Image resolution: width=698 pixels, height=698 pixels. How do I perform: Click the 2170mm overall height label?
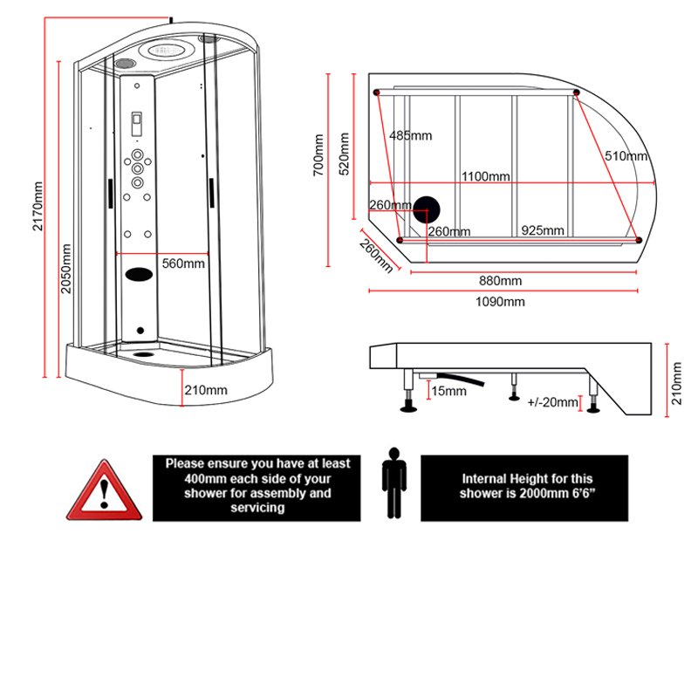point(38,208)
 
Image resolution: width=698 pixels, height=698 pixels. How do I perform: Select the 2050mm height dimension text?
point(65,265)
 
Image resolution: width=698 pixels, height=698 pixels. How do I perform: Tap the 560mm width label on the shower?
point(184,263)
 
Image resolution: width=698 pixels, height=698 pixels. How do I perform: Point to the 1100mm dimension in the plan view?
point(486,176)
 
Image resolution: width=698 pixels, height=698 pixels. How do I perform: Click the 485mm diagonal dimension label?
point(410,135)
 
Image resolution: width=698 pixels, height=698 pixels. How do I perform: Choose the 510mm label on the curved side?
point(626,156)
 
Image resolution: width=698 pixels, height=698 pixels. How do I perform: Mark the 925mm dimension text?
point(543,230)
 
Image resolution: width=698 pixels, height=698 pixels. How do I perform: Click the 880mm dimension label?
point(500,281)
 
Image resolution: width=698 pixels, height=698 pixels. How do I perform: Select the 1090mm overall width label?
point(500,302)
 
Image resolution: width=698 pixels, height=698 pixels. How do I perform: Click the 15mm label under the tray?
point(449,391)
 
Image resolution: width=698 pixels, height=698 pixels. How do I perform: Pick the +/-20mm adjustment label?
point(553,402)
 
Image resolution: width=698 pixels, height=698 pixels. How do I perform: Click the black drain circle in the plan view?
point(427,209)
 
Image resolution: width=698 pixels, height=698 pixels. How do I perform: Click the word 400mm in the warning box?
point(203,479)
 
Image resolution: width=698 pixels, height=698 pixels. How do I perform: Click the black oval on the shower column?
point(139,273)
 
